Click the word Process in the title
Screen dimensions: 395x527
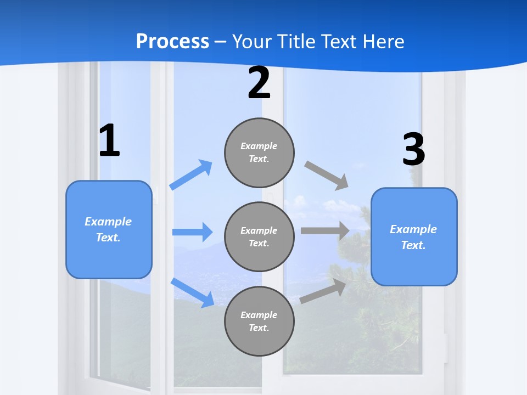(172, 41)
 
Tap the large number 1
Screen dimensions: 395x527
(109, 141)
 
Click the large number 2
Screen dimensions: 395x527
(259, 83)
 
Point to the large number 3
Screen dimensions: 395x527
(413, 150)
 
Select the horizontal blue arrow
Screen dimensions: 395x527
(192, 232)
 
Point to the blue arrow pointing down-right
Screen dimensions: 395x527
(192, 292)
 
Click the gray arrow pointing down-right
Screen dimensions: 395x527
(327, 175)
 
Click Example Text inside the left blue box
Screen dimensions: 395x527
(108, 229)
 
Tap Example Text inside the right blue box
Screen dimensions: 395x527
(413, 237)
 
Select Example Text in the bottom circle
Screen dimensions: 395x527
(259, 321)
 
